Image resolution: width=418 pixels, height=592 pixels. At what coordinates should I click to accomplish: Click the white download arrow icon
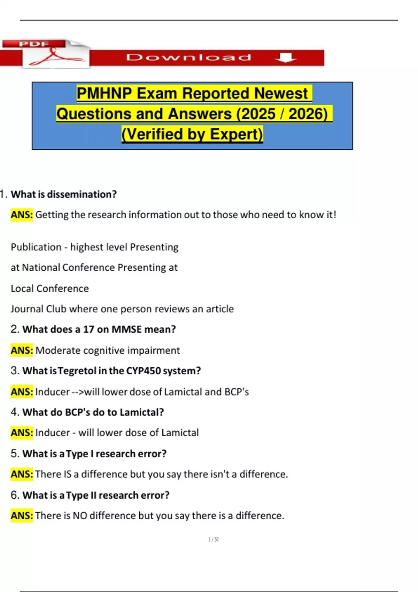(285, 57)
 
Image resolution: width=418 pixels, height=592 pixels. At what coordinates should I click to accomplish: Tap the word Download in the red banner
(188, 57)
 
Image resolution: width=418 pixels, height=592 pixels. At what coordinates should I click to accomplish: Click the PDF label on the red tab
(34, 44)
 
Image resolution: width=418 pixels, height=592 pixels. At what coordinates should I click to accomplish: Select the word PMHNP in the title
(104, 93)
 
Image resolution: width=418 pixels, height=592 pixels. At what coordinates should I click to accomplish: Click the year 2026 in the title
(308, 114)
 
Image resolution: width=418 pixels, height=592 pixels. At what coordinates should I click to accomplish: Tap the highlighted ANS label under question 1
(22, 215)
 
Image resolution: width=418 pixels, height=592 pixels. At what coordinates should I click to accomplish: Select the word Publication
(36, 247)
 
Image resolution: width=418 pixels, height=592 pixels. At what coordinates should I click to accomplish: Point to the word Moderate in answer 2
(58, 350)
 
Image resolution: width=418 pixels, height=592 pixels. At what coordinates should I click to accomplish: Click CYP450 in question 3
(143, 371)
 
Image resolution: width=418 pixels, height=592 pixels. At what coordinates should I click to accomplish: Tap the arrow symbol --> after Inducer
(78, 392)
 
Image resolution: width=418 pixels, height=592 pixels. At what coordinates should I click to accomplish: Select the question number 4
(14, 412)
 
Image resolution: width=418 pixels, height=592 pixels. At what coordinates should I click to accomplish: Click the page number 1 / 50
(214, 540)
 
